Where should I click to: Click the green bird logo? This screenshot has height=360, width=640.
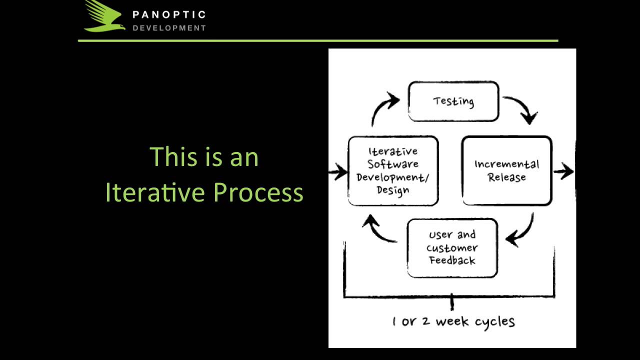(x=104, y=16)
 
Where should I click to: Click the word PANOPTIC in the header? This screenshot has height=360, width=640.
(x=169, y=15)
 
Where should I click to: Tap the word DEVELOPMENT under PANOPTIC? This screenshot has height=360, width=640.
(x=169, y=28)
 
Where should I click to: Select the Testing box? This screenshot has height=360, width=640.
(x=453, y=101)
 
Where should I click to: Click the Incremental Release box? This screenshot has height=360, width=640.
(x=506, y=170)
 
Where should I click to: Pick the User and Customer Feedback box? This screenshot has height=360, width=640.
(x=452, y=248)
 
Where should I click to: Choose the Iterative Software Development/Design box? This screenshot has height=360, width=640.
(x=393, y=170)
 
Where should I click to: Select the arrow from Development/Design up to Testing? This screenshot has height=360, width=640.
(x=385, y=107)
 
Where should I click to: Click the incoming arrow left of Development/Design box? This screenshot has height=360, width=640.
(x=338, y=173)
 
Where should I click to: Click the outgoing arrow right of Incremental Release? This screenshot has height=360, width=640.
(x=563, y=171)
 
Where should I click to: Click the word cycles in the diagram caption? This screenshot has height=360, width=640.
(x=494, y=321)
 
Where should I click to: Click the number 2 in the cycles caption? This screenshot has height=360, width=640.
(x=425, y=321)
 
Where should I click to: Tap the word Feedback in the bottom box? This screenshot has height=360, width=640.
(x=452, y=260)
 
